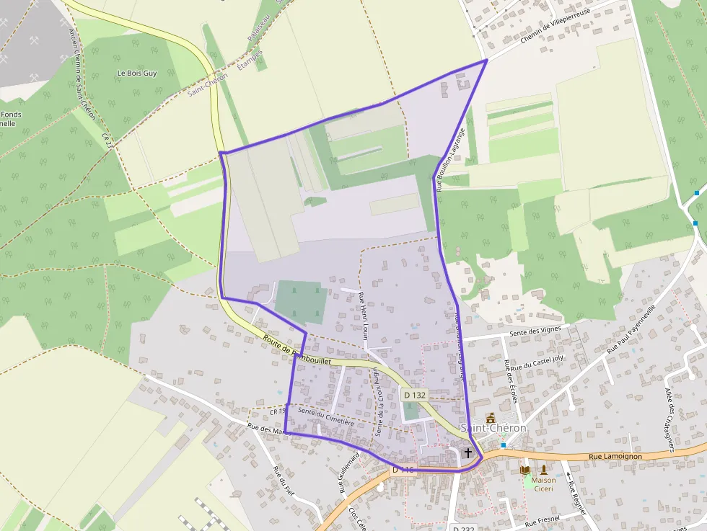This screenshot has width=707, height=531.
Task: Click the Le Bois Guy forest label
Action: click(x=136, y=73)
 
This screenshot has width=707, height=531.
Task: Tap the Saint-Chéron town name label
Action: click(x=493, y=428)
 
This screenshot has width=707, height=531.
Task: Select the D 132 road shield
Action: click(x=415, y=395)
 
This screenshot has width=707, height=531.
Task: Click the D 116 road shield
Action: click(x=403, y=470)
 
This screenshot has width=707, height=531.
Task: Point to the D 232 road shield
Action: click(x=465, y=527)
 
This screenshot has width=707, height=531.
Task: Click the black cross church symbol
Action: click(x=468, y=453)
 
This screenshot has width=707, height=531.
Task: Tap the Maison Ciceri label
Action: click(x=543, y=484)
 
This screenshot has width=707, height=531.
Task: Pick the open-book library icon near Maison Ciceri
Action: click(x=525, y=470)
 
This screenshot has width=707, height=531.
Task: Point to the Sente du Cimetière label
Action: click(x=325, y=416)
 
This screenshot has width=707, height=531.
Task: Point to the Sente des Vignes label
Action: click(x=535, y=331)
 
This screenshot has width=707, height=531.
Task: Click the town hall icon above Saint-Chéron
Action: click(x=491, y=417)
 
